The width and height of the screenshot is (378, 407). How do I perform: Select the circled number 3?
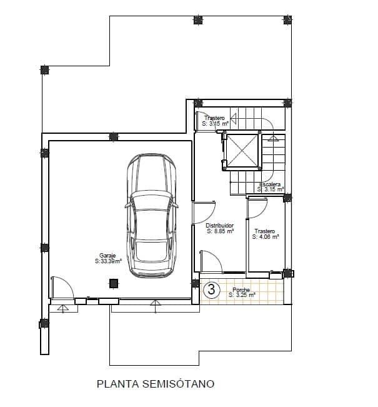pos(212,289)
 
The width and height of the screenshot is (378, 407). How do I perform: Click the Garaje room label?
pos(107,255)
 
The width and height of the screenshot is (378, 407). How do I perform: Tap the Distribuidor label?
pos(220,225)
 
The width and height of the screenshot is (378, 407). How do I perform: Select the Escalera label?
pos(270,184)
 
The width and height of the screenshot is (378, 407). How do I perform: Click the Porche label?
pos(241,289)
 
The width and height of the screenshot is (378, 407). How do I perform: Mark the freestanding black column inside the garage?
pos(113,283)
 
